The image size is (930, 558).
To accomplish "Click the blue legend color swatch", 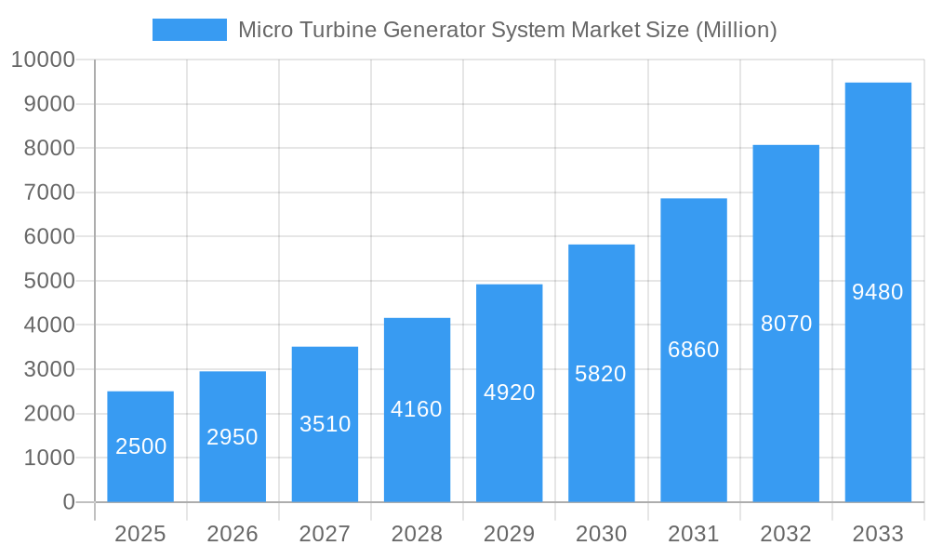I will point(190,30).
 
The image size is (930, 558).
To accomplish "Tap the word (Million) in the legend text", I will point(735,30).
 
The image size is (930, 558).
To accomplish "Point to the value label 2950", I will point(232,437).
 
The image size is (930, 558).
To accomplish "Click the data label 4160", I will point(417,409).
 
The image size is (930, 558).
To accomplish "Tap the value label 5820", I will point(601,374).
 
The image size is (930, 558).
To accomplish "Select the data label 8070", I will point(786,324).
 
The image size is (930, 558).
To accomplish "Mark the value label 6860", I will point(694,350).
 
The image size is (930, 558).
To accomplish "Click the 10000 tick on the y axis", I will point(42,60).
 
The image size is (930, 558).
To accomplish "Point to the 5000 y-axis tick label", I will point(48,281).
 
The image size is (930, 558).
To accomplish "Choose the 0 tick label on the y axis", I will point(69,502).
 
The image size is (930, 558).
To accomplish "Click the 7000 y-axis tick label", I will point(48,193).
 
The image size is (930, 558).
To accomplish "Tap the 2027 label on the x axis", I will point(325,534).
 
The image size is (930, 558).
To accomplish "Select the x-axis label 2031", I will point(694,534).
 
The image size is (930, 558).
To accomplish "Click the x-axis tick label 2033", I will point(878,534).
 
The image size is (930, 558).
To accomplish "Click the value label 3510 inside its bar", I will point(325,424).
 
